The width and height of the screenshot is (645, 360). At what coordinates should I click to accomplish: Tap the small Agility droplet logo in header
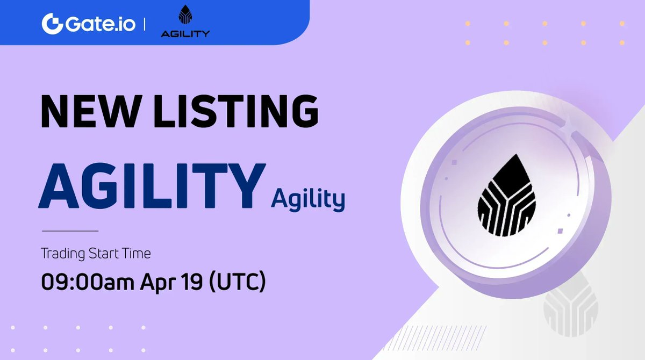(185, 17)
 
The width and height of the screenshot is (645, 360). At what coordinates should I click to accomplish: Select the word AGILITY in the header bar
(185, 34)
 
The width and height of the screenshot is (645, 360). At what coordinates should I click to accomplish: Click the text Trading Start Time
(96, 253)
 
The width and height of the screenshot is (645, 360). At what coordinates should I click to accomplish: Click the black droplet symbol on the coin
(506, 196)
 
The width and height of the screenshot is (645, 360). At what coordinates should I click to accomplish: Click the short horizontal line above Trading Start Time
(70, 231)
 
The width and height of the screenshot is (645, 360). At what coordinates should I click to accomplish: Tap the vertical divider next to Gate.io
(146, 24)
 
